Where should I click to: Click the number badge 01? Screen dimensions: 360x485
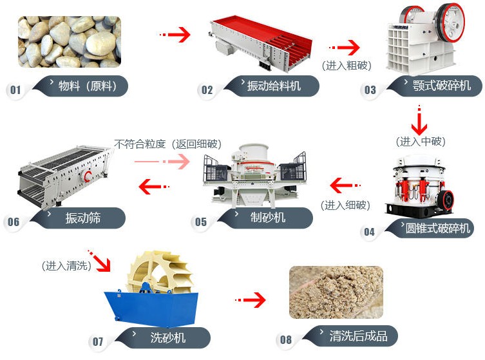coord(15,90)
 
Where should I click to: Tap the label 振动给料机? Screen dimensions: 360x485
coord(274,86)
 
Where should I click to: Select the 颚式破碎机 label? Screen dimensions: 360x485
coord(441,86)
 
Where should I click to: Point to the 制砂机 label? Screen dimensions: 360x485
coord(267,218)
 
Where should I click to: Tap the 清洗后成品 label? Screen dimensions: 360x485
coord(355,336)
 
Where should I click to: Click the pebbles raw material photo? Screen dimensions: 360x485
coord(69,43)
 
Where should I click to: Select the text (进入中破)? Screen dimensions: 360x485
coord(421,141)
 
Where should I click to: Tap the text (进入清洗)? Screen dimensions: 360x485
coord(66,265)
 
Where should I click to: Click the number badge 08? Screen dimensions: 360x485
coord(285,340)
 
